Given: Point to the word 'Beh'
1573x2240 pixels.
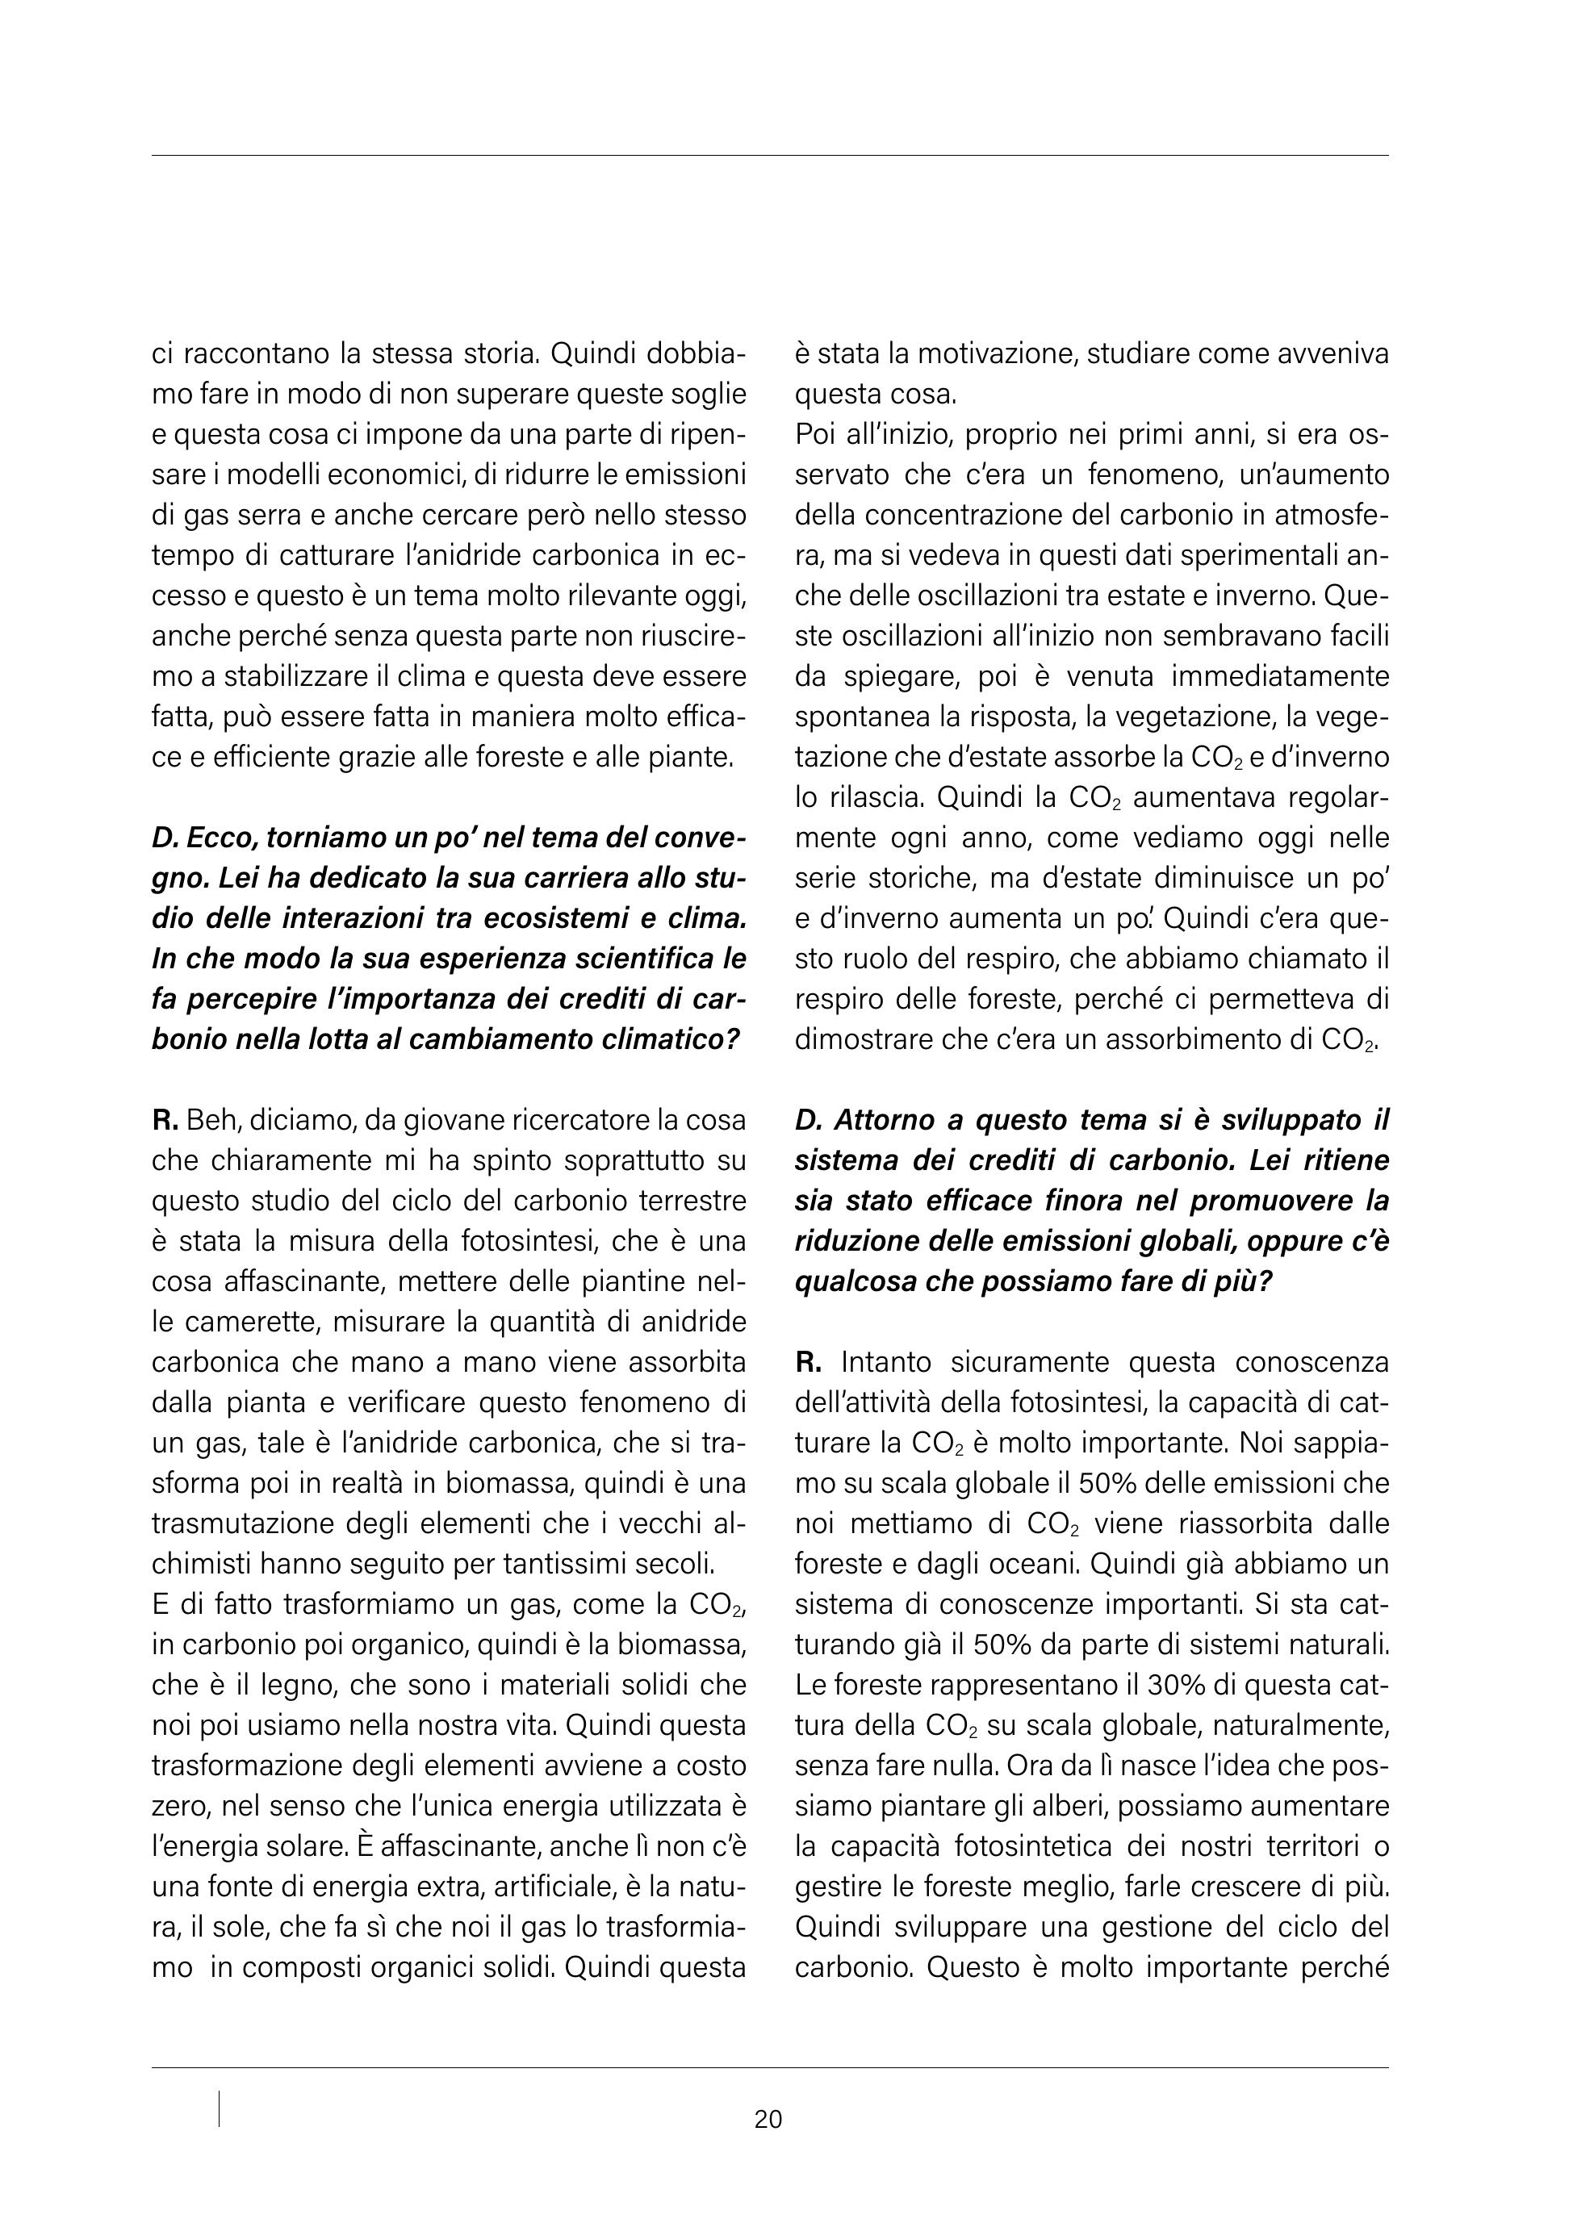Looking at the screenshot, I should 205,1120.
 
